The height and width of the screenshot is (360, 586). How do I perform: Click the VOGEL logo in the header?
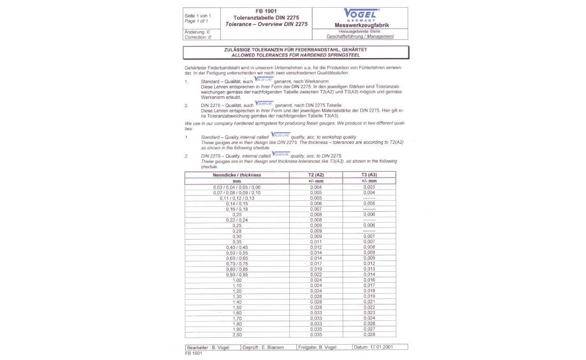pos(361,14)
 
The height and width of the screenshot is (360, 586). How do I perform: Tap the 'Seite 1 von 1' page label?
pos(196,16)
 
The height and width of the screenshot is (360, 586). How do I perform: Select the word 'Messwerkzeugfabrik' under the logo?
pos(361,25)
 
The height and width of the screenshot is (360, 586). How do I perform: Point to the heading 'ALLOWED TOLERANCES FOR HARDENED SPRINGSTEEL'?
pos(296,55)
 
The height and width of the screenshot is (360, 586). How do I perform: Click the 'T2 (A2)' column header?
pos(316,175)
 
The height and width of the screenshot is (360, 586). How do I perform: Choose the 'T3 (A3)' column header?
pos(368,175)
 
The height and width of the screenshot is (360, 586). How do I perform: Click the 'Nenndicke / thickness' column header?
pos(236,175)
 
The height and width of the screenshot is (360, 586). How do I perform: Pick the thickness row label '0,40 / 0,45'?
pos(236,247)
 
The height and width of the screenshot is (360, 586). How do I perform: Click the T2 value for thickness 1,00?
pos(316,279)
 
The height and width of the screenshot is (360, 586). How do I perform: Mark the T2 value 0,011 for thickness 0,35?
pos(316,242)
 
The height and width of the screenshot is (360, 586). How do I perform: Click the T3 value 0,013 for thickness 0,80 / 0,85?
pos(369,269)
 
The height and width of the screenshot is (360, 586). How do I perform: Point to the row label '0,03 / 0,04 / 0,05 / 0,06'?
pos(236,188)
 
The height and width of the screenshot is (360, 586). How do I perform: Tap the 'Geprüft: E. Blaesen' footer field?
pos(263,347)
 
